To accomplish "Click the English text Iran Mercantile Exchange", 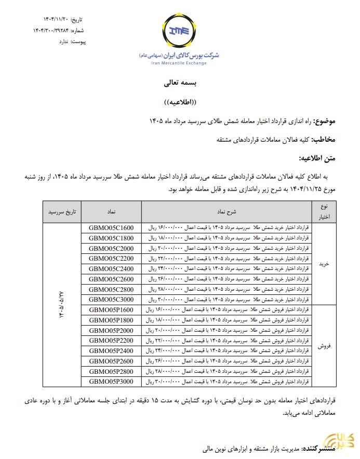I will [x=179, y=63].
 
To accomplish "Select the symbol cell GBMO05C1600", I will [x=112, y=228].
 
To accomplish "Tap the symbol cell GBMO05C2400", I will [x=112, y=268].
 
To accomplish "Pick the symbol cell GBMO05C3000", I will [x=112, y=299].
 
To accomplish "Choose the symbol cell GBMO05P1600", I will [x=112, y=309].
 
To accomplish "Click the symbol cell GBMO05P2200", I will [x=112, y=340].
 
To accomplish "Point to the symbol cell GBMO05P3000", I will [x=112, y=381].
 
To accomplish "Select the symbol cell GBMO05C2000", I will [x=112, y=248].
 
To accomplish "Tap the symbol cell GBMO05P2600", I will [x=112, y=361].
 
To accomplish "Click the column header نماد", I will [x=112, y=212].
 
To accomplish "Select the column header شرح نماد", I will [x=227, y=212].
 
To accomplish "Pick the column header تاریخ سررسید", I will [x=62, y=212].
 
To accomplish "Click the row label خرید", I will [x=324, y=264].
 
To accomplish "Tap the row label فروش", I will [x=324, y=345].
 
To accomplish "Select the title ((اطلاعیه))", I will [x=179, y=102].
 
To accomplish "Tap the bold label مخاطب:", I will [x=323, y=140].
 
